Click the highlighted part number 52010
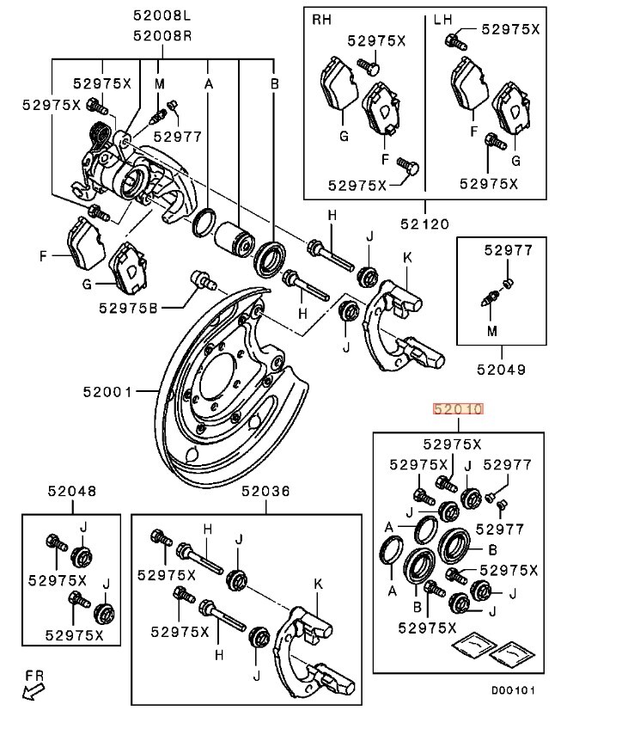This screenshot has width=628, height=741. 458,409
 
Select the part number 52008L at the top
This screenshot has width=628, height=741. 162,15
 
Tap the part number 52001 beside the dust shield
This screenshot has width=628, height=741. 107,392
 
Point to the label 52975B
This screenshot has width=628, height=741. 128,308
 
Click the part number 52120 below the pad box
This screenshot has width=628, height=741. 425,224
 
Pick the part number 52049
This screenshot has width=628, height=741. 501,369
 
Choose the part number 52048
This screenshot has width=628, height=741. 72,491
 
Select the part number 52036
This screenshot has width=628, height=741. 265,491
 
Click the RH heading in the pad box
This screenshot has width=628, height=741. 322,20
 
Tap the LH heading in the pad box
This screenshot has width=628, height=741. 443,20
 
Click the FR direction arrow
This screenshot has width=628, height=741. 33,692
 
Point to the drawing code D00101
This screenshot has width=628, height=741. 513,690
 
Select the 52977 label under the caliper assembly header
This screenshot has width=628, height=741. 178,137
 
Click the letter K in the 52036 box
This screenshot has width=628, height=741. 318,584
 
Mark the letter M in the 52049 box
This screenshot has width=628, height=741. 492,331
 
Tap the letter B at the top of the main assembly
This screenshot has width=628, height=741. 275,83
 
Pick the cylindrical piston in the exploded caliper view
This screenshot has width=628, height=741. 235,241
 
